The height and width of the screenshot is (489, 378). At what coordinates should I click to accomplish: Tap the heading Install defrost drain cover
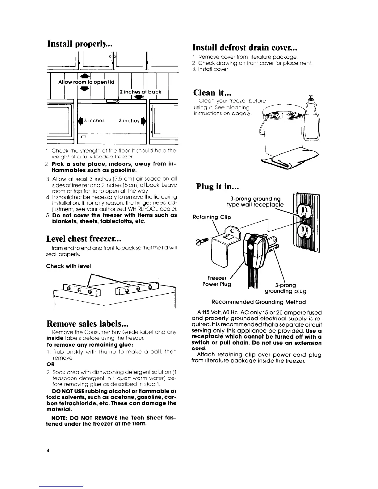coord(244,48)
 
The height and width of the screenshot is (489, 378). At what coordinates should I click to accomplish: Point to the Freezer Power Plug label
coord(219,281)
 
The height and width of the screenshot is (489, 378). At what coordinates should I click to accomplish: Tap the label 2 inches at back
coord(140,92)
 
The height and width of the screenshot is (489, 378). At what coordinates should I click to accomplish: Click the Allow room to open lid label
coord(86,82)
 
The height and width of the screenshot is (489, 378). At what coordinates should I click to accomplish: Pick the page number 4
coord(48,450)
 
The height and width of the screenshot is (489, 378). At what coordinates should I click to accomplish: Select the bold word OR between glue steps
coord(49,363)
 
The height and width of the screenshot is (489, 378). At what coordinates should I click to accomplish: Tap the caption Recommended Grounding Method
coord(259,302)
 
